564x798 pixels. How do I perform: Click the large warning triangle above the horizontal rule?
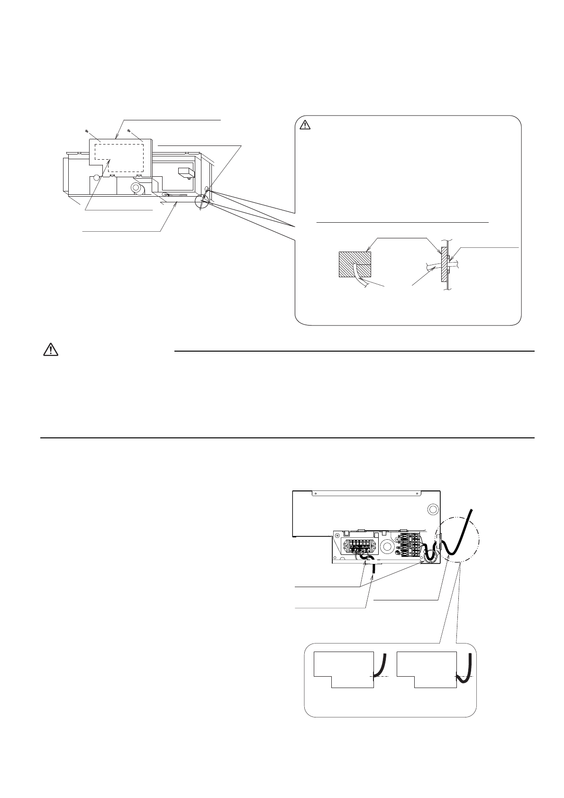(50, 350)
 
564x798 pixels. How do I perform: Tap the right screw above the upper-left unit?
(128, 130)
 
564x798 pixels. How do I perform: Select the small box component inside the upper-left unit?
(185, 172)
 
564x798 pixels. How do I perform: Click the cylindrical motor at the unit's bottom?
(139, 189)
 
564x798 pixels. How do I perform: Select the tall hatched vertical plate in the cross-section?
(444, 264)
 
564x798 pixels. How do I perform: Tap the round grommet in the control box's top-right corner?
(431, 509)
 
